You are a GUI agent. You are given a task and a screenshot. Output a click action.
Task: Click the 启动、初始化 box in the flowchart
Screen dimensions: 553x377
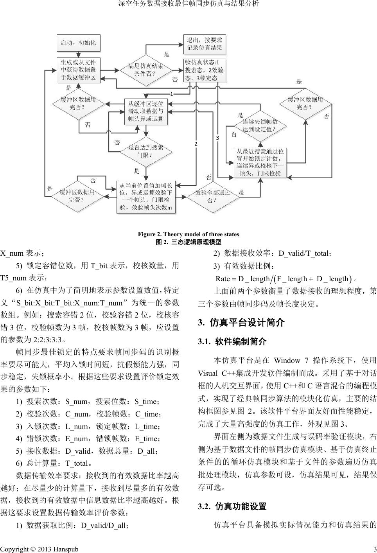79,43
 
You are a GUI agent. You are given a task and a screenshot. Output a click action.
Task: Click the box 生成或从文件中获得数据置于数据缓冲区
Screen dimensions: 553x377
79,70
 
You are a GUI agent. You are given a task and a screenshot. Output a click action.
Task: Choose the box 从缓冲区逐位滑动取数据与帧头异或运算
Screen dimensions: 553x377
145,111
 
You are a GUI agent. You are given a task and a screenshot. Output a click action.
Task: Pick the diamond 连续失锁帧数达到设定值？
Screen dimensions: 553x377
260,126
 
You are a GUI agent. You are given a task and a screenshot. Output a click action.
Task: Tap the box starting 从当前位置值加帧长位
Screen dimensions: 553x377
146,197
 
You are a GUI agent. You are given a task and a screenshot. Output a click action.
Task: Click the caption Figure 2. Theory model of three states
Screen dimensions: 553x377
188,234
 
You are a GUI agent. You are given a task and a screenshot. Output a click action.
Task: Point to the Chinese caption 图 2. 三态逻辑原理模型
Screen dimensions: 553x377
188,242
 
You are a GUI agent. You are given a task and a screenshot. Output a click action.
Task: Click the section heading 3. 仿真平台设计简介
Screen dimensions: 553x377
241,323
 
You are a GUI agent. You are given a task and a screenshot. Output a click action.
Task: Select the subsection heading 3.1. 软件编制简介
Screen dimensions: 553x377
232,341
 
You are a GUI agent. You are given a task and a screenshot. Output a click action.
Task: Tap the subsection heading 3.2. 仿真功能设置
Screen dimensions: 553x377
232,507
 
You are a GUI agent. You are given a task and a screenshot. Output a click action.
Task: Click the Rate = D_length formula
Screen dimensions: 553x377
282,279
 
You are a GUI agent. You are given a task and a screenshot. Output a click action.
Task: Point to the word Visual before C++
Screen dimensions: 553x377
208,373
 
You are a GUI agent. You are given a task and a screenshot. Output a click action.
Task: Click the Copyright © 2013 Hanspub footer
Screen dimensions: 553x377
39,549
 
